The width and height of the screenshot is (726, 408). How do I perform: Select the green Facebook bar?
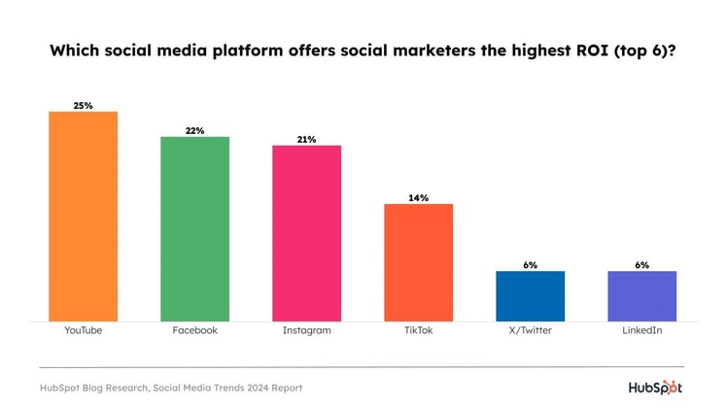click(x=195, y=228)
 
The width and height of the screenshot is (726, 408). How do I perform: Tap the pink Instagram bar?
click(x=307, y=232)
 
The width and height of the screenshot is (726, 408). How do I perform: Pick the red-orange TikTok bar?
click(x=419, y=261)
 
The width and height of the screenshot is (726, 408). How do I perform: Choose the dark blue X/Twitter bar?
click(x=531, y=295)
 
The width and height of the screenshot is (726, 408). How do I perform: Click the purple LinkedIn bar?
click(x=642, y=295)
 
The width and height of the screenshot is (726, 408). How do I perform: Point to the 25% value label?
click(x=84, y=105)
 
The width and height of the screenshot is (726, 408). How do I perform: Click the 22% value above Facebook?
click(x=195, y=130)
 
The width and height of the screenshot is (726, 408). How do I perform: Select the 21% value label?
click(x=307, y=139)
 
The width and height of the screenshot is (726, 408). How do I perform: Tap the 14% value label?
click(x=419, y=197)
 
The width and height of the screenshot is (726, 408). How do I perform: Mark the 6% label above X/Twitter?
click(x=531, y=264)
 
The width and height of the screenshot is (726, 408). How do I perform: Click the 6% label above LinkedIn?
click(x=642, y=264)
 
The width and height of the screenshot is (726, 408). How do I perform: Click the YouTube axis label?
click(x=84, y=330)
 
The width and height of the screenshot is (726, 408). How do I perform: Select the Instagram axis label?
click(x=307, y=330)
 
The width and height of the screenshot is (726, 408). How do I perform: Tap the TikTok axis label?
click(x=419, y=330)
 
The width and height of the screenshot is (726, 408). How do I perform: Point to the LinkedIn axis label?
click(x=642, y=330)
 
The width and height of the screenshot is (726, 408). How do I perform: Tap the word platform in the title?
click(x=236, y=51)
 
